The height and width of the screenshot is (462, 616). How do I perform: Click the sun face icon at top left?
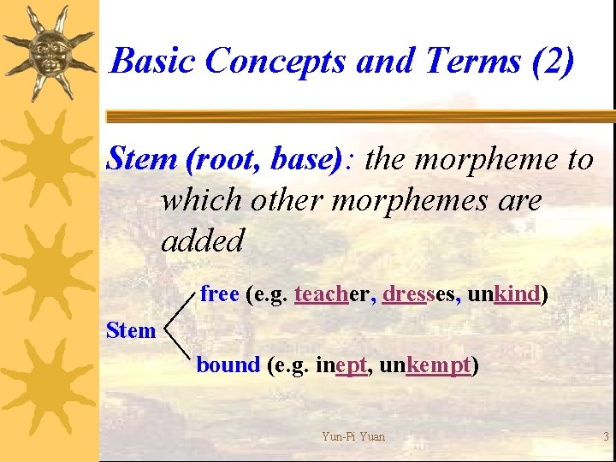48,51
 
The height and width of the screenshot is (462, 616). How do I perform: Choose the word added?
203,240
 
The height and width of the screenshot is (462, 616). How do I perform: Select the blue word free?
219,294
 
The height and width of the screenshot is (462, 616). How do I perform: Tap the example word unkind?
505,294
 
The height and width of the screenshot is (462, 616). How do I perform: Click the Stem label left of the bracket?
131,330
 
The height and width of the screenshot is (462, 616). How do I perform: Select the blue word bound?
228,365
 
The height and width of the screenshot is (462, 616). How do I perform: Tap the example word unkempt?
424,366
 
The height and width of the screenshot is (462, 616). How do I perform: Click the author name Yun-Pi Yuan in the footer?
353,436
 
